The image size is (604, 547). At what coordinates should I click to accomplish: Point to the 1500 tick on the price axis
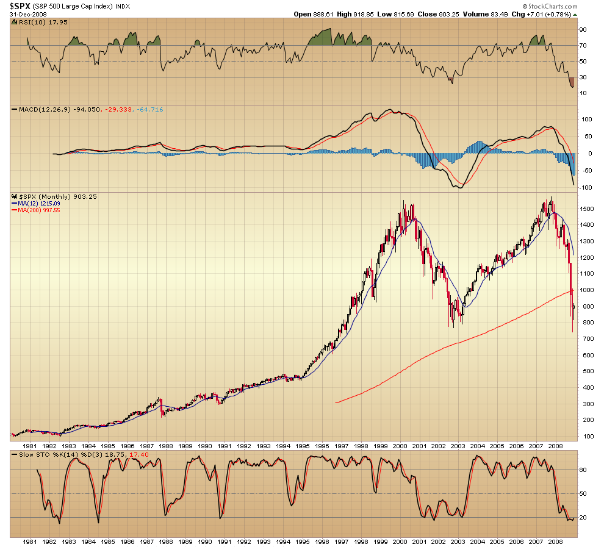point(587,209)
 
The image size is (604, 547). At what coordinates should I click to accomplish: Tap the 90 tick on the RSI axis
point(583,29)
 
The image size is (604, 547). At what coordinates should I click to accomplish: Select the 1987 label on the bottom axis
point(146,541)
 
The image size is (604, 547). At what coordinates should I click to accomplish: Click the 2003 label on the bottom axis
point(458,541)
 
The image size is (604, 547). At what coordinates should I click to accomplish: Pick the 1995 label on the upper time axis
point(302,446)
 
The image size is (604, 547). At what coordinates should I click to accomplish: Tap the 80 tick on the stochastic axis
point(583,470)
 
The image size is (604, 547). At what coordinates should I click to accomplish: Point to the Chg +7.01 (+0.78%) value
point(548,13)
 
